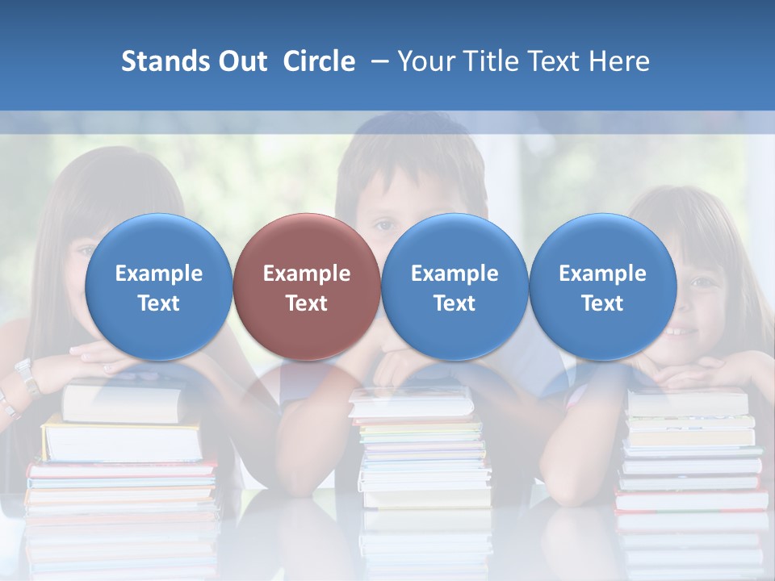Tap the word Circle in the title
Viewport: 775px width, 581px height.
pyautogui.click(x=319, y=61)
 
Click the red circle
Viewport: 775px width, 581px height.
pyautogui.click(x=306, y=287)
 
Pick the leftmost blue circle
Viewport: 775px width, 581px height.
pyautogui.click(x=158, y=287)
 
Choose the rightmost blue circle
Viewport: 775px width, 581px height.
pyautogui.click(x=602, y=287)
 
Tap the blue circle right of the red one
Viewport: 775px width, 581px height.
pyautogui.click(x=455, y=287)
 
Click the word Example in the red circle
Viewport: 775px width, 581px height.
pyautogui.click(x=306, y=274)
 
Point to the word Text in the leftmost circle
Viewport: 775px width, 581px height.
pyautogui.click(x=158, y=303)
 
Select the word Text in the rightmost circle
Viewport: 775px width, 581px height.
pyautogui.click(x=602, y=303)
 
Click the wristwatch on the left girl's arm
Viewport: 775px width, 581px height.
pyautogui.click(x=27, y=376)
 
